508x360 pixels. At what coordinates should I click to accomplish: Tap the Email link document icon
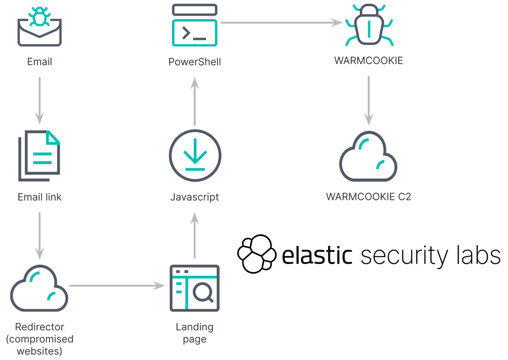click(x=40, y=155)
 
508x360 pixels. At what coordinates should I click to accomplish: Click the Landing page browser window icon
click(x=194, y=288)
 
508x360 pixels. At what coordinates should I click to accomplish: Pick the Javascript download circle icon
click(x=195, y=155)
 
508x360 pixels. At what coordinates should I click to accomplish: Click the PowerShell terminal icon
click(x=194, y=25)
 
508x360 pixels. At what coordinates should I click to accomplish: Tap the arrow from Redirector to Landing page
click(x=116, y=286)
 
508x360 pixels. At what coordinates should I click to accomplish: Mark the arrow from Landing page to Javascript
click(x=194, y=235)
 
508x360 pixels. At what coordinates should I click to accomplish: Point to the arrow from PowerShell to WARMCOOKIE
click(x=281, y=23)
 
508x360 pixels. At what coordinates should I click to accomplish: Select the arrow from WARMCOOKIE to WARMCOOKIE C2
click(x=369, y=100)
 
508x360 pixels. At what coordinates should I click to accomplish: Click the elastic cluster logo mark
click(x=256, y=254)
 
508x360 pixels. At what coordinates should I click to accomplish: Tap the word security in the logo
click(x=404, y=255)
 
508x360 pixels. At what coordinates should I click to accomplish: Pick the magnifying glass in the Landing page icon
click(x=204, y=292)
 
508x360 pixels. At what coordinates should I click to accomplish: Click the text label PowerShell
click(x=194, y=62)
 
